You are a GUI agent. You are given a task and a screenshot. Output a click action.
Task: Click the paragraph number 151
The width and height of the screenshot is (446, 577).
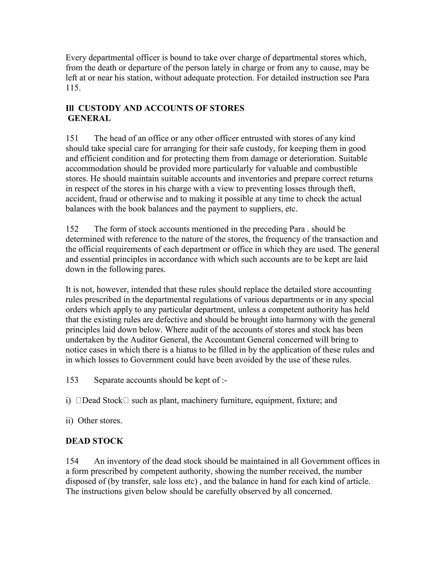[72, 138]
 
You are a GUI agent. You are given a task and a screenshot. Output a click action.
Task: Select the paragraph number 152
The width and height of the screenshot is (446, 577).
[72, 229]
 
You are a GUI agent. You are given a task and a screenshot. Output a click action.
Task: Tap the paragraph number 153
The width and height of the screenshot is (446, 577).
[72, 380]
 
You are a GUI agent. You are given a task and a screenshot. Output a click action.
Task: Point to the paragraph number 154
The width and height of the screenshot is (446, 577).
[72, 461]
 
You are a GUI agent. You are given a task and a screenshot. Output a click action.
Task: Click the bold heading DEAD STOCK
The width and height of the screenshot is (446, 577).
[94, 441]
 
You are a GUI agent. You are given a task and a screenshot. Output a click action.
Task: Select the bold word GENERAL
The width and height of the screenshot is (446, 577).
[89, 118]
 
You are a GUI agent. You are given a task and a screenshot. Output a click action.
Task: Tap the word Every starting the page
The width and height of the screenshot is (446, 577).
[77, 58]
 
